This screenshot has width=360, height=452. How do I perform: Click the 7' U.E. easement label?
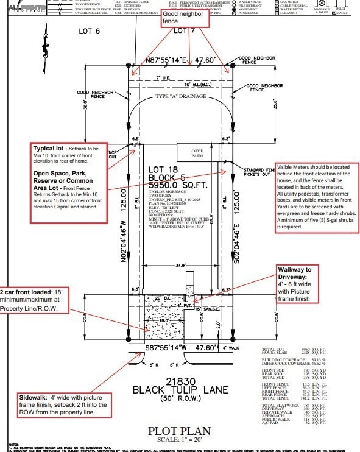coord(163,78)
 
